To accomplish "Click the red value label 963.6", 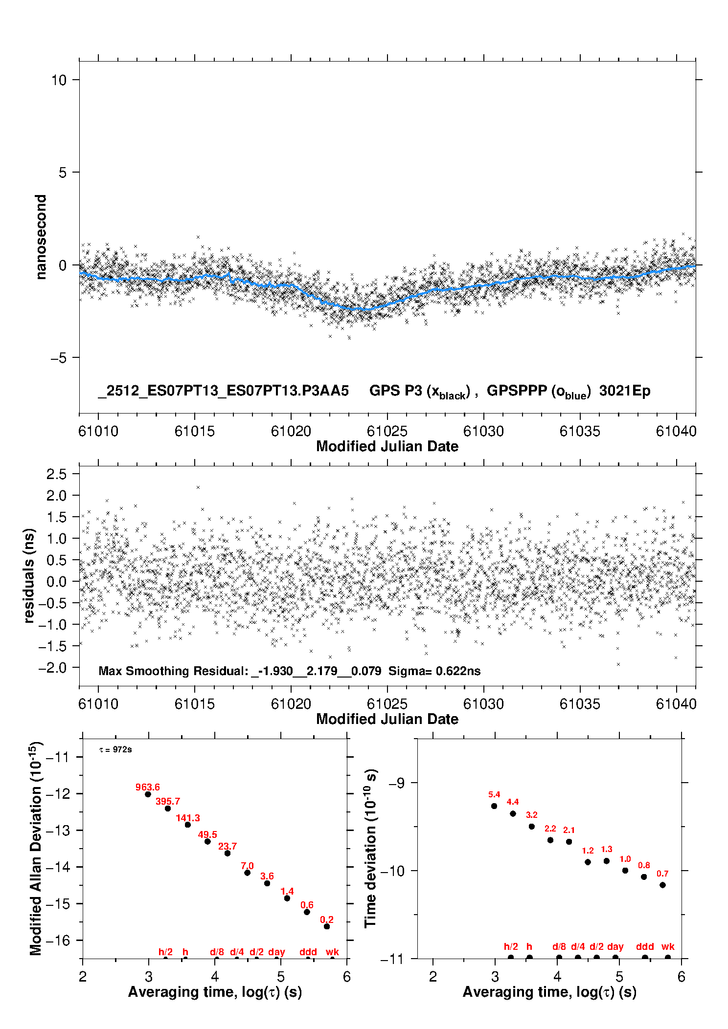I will pos(147,787).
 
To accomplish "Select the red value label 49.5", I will pos(207,834).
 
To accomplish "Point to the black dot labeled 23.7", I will pos(227,853).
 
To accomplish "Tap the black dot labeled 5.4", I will pos(494,806).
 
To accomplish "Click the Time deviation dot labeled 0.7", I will pos(662,885).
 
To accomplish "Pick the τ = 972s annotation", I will pos(115,750).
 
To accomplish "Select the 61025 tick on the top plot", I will pos(387,431).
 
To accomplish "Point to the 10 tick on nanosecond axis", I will pos(59,80).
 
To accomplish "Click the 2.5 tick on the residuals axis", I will pos(56,474).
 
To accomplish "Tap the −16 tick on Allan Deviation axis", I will pos(57,940).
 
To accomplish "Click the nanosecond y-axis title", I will pos(41,237).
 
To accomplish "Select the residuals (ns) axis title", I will pos(29,575).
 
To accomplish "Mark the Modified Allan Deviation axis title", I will pos(36,848).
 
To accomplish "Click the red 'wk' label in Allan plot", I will pos(332,952).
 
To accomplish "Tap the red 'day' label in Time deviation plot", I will pos(615,946).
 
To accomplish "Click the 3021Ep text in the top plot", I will pos(625,391).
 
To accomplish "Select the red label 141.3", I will pos(188,818).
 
